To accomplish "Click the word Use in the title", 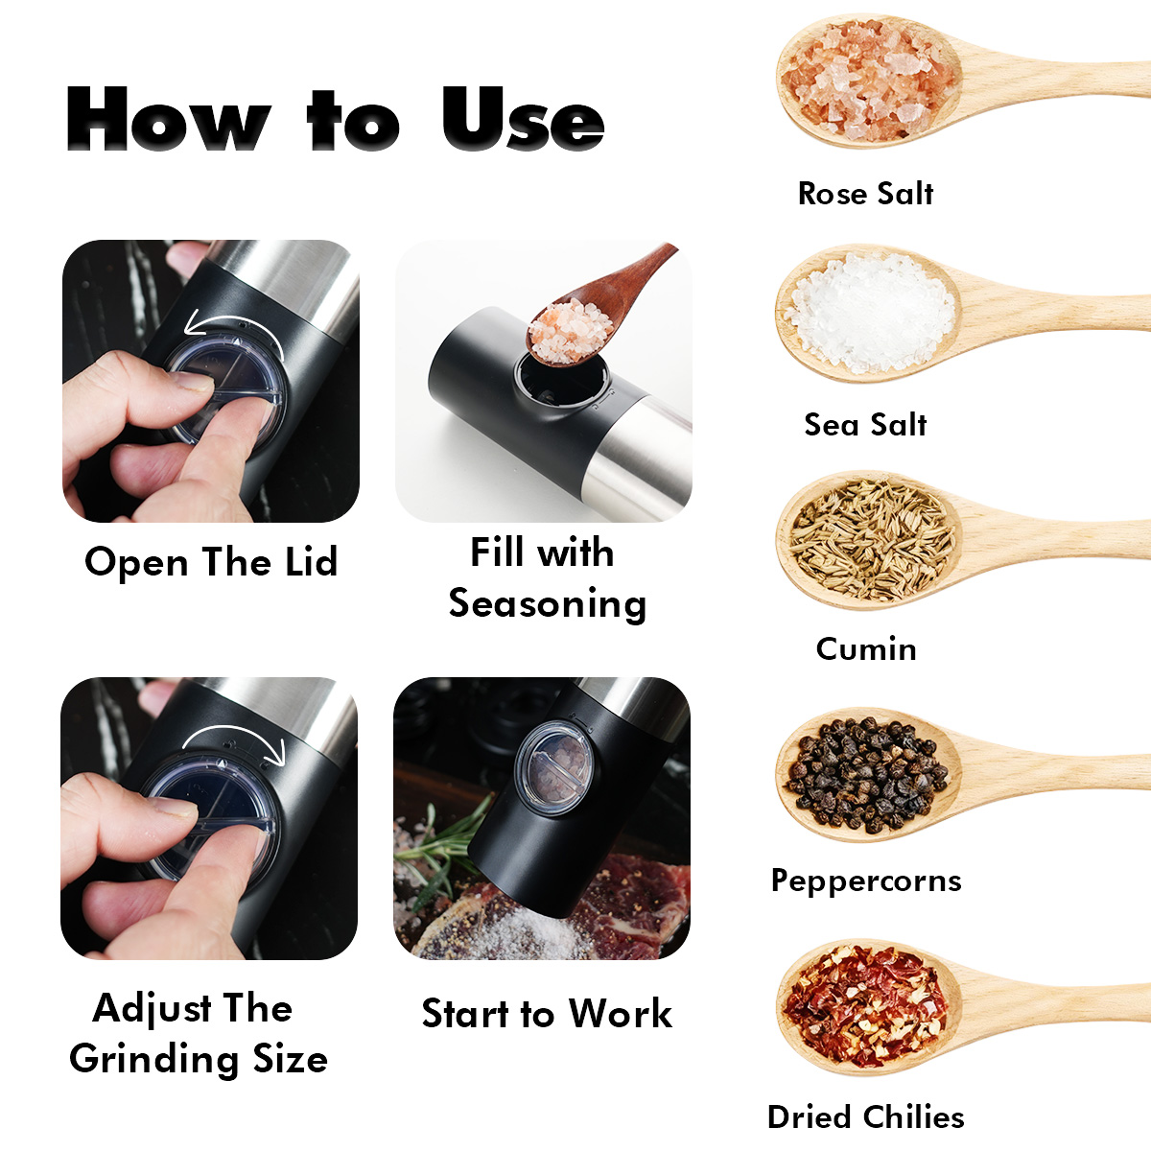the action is (523, 118).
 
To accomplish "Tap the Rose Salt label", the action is (865, 194).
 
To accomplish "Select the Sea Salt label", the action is (865, 425).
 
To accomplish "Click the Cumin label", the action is (866, 648).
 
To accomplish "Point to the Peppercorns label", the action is (866, 881).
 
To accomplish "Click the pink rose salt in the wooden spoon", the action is (869, 81).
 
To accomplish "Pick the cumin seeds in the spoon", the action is (871, 540).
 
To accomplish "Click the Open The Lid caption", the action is (211, 562).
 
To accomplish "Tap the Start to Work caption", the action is (547, 1014).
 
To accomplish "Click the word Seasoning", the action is (548, 604).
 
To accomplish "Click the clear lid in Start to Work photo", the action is (554, 765).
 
